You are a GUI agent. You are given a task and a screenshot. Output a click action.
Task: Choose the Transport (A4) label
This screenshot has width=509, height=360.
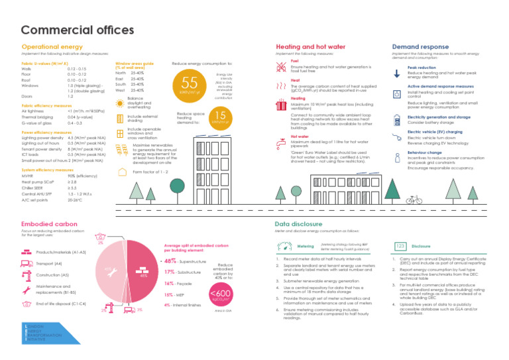point(48,264)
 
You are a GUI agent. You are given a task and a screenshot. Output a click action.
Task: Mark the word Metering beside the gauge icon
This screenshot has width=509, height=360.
point(306,246)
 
